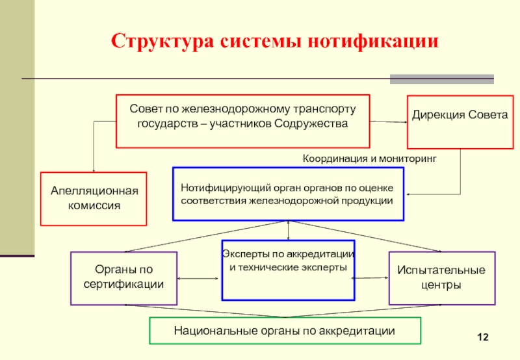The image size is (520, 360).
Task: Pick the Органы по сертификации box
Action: click(x=123, y=278)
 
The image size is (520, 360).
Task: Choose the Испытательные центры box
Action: click(x=442, y=278)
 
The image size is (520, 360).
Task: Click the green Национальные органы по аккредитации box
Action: click(x=285, y=331)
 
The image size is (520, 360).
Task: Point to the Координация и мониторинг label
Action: click(x=370, y=158)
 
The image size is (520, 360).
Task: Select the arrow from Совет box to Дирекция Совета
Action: click(x=388, y=122)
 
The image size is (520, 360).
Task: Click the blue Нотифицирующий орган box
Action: click(x=288, y=194)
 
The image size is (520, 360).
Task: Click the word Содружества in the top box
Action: click(x=312, y=123)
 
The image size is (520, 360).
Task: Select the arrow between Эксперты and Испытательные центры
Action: click(x=370, y=278)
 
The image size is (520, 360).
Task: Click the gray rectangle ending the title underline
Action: click(x=441, y=79)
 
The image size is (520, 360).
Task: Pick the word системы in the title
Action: click(x=252, y=42)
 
